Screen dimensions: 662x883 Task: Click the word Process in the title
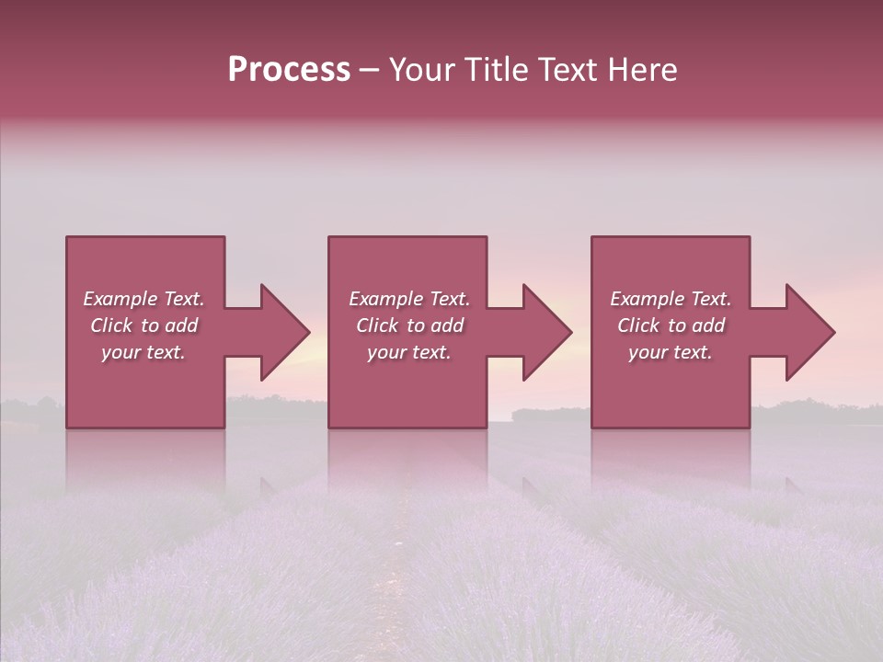point(289,70)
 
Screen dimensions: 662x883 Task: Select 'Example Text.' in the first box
point(143,299)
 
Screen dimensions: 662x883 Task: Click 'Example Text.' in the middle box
point(408,299)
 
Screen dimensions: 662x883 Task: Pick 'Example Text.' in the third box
point(671,299)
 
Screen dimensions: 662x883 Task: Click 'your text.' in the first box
point(143,352)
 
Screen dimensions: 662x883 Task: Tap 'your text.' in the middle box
point(408,352)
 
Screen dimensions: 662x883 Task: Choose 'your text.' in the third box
point(671,352)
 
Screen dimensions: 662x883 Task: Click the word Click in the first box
point(111,325)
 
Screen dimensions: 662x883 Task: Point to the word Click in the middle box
point(377,325)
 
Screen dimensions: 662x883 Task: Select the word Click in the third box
point(638,325)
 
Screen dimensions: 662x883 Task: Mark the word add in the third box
point(708,325)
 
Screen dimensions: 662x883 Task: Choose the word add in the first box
point(181,325)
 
